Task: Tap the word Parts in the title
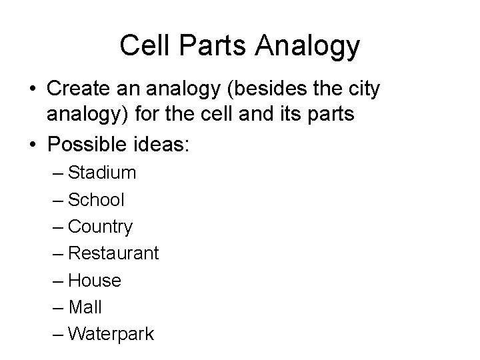click(x=205, y=46)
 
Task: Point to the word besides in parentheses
click(x=288, y=89)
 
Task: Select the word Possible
click(x=84, y=144)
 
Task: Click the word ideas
click(x=161, y=144)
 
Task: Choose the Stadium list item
click(x=102, y=173)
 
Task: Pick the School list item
click(x=96, y=200)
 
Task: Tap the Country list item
click(x=100, y=227)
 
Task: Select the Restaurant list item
click(x=113, y=253)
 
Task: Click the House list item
click(x=95, y=280)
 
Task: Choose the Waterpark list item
click(x=111, y=333)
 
